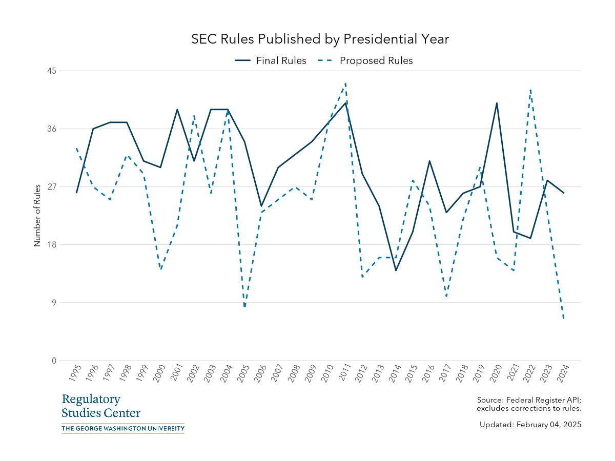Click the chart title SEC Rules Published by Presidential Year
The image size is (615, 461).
click(x=320, y=39)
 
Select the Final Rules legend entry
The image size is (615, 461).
click(x=270, y=60)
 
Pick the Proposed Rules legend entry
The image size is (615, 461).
click(x=365, y=60)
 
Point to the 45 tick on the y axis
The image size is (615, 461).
click(x=52, y=71)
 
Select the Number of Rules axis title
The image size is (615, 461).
click(x=37, y=216)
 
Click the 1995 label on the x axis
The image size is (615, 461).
click(x=74, y=374)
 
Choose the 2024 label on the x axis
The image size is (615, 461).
click(x=562, y=374)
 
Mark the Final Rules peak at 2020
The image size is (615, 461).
click(x=497, y=103)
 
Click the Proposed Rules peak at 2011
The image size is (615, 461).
click(x=345, y=83)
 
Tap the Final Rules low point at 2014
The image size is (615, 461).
click(x=396, y=270)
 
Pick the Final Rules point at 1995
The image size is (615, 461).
click(x=76, y=193)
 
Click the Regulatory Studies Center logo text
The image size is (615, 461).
click(x=100, y=406)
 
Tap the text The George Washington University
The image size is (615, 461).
click(x=122, y=428)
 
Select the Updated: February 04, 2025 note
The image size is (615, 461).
click(x=530, y=425)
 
